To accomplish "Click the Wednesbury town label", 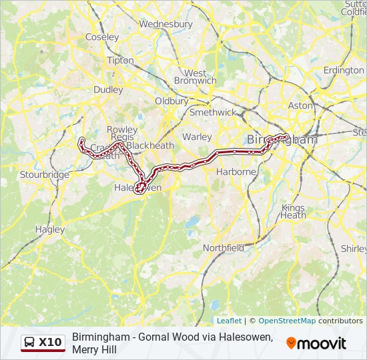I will tap(165, 24).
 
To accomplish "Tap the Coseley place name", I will tap(101, 37).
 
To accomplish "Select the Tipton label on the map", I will tap(120, 60).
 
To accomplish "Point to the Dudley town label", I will tap(108, 89).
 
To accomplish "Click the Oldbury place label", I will tap(171, 101).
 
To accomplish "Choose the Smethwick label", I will tap(212, 113).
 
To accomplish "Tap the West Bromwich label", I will tap(195, 77).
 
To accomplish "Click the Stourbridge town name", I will tap(45, 175).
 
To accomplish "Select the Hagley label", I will tap(50, 229).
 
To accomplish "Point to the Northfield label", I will tap(223, 248).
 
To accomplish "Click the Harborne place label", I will tap(236, 171).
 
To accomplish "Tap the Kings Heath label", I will tap(293, 211).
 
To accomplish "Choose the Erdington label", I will tap(344, 70).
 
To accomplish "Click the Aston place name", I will tap(300, 105).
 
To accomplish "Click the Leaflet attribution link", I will tap(229, 321).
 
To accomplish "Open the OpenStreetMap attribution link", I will tap(287, 321).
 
